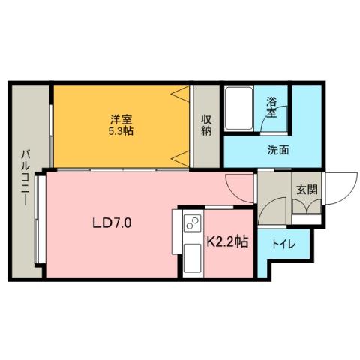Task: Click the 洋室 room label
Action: (x=121, y=118)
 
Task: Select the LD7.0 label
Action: (x=112, y=223)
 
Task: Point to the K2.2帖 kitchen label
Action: (x=228, y=241)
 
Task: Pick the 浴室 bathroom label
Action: (x=271, y=108)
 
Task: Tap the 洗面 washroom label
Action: (x=278, y=149)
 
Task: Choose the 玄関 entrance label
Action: (x=306, y=189)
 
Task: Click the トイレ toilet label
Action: (x=283, y=244)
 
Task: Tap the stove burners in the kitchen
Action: (x=192, y=223)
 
